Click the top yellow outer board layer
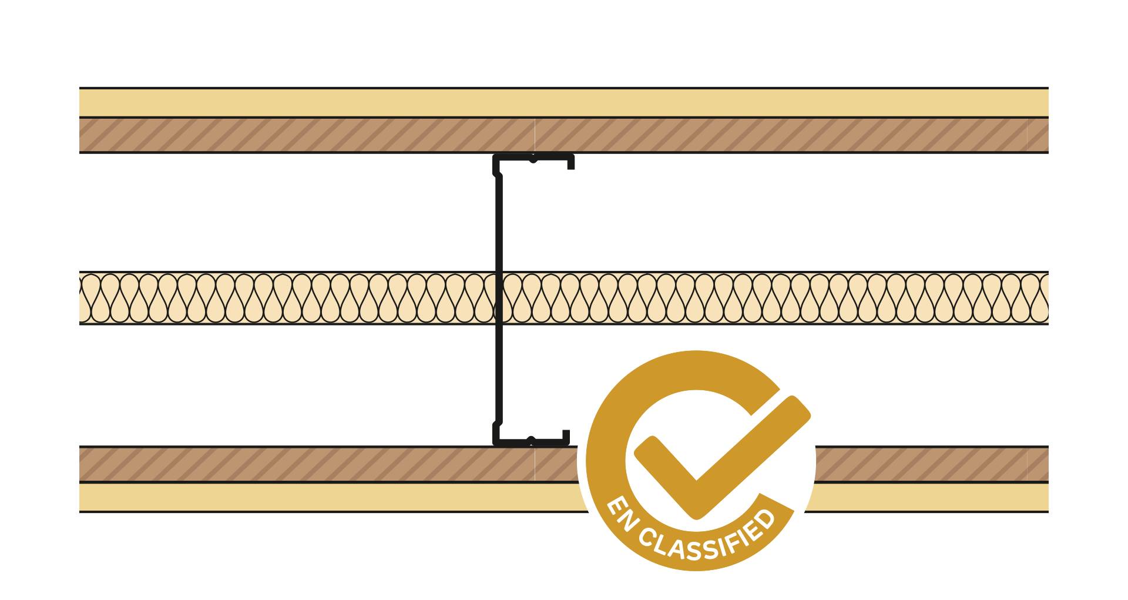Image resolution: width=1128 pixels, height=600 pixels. pyautogui.click(x=564, y=103)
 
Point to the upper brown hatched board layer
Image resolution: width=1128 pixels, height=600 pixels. pyautogui.click(x=564, y=135)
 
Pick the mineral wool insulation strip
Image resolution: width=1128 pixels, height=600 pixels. pyautogui.click(x=564, y=298)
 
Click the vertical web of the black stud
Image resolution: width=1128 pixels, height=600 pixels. pyautogui.click(x=499, y=300)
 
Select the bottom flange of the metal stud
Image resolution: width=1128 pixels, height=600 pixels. pyautogui.click(x=531, y=442)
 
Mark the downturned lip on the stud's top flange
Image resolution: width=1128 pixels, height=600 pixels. pyautogui.click(x=570, y=163)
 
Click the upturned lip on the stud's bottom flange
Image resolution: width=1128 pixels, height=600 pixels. pyautogui.click(x=566, y=437)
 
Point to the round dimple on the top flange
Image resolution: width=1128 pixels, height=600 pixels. pyautogui.click(x=533, y=159)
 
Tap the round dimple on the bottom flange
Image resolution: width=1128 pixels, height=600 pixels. pyautogui.click(x=531, y=441)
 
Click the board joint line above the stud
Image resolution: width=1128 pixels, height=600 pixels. pyautogui.click(x=535, y=135)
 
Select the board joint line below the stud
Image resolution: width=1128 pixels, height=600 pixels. pyautogui.click(x=535, y=464)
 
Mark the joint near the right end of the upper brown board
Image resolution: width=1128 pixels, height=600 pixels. pyautogui.click(x=1027, y=135)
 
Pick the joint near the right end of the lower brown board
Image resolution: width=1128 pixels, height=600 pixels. pyautogui.click(x=1027, y=464)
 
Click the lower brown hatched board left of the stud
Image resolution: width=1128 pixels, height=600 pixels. pyautogui.click(x=305, y=464)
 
